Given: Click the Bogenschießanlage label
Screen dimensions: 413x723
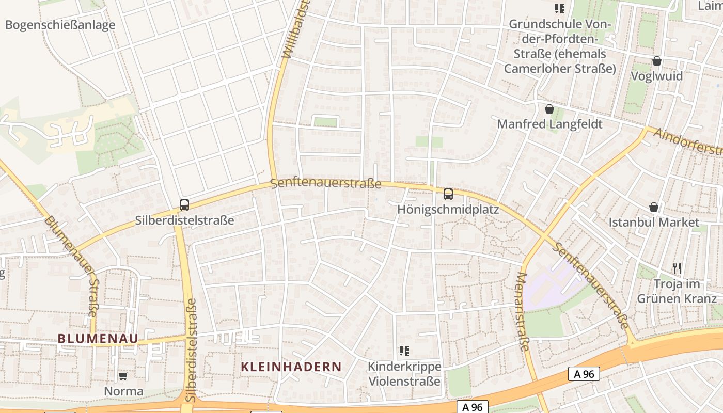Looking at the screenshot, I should tap(60, 25).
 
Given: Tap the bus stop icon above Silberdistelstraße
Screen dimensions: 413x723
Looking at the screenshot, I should tap(184, 204).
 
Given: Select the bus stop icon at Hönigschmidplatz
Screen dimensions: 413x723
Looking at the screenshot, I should tap(448, 194).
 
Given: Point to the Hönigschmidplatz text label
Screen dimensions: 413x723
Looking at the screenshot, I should tap(448, 210).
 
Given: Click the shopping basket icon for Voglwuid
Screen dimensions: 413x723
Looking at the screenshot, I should tap(657, 61).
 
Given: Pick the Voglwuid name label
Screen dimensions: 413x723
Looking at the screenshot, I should tap(657, 76).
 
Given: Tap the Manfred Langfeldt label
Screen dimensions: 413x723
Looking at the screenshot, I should tap(549, 124).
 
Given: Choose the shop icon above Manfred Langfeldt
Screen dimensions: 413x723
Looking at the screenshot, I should tap(549, 109).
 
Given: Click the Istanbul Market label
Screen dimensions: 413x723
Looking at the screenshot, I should tap(654, 223).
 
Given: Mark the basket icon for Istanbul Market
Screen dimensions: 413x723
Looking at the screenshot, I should tap(654, 207).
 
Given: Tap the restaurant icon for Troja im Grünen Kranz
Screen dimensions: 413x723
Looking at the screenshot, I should tap(677, 268).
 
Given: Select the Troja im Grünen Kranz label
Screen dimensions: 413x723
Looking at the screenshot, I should tap(677, 291).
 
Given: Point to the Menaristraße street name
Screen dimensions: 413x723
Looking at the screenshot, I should tap(523, 311).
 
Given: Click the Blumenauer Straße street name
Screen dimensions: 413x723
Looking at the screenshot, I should tap(72, 265).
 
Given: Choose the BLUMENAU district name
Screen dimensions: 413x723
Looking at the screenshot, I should tap(98, 339).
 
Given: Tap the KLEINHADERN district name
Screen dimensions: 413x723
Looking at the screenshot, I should tap(291, 367).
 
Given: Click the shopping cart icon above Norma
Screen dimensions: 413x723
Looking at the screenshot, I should tap(123, 376).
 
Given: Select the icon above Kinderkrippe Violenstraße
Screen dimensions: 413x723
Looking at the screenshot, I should tap(404, 351).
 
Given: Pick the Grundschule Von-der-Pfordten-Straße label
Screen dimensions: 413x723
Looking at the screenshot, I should tap(560, 46).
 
